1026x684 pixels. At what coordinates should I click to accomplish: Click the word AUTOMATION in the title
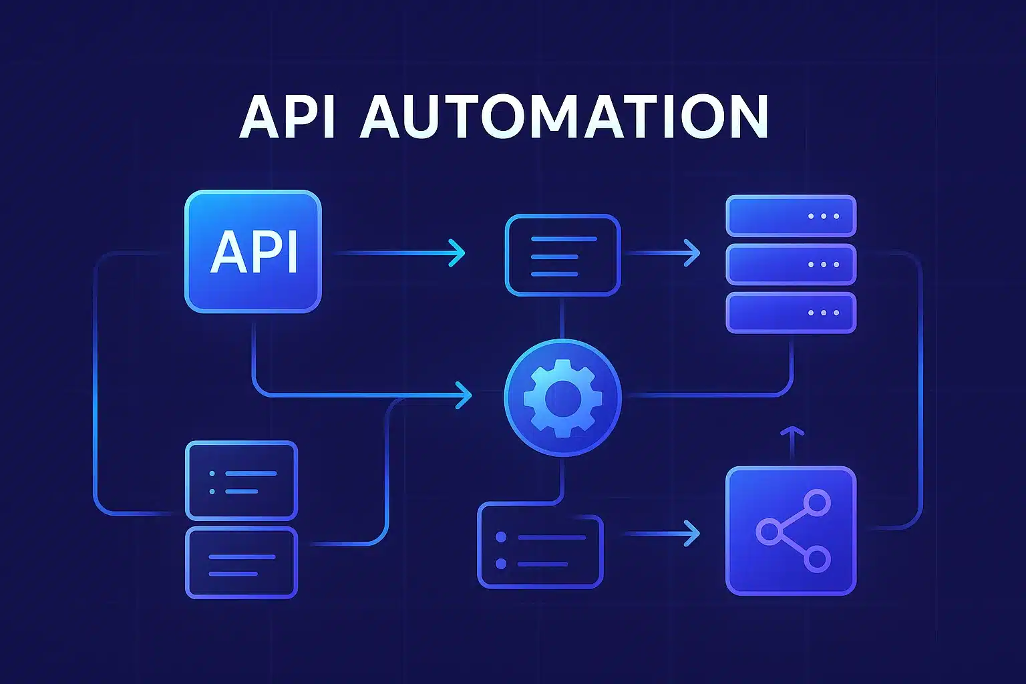coord(564,117)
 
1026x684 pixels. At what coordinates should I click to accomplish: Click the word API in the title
coord(287,117)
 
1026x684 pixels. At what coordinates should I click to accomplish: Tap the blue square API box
coord(252,251)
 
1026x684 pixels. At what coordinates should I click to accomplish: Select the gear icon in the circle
coord(562,397)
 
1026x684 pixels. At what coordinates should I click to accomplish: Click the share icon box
coord(790,530)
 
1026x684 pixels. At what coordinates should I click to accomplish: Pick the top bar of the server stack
coord(790,216)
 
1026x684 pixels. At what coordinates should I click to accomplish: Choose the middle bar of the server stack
coord(790,265)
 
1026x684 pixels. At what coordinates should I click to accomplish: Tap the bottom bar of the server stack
coord(790,313)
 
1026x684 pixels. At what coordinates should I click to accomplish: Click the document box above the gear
coord(562,255)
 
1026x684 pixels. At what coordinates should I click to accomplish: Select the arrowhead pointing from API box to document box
coord(458,253)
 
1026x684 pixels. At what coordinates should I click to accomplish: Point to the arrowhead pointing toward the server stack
coord(693,253)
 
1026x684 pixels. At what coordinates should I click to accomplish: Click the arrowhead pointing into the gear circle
coord(464,395)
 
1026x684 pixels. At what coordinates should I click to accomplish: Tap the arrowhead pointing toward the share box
coord(693,534)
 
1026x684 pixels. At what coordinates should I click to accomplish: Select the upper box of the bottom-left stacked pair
coord(241,480)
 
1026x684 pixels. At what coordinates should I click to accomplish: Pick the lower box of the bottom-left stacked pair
coord(241,563)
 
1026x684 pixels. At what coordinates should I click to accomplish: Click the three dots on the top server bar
coord(823,216)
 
